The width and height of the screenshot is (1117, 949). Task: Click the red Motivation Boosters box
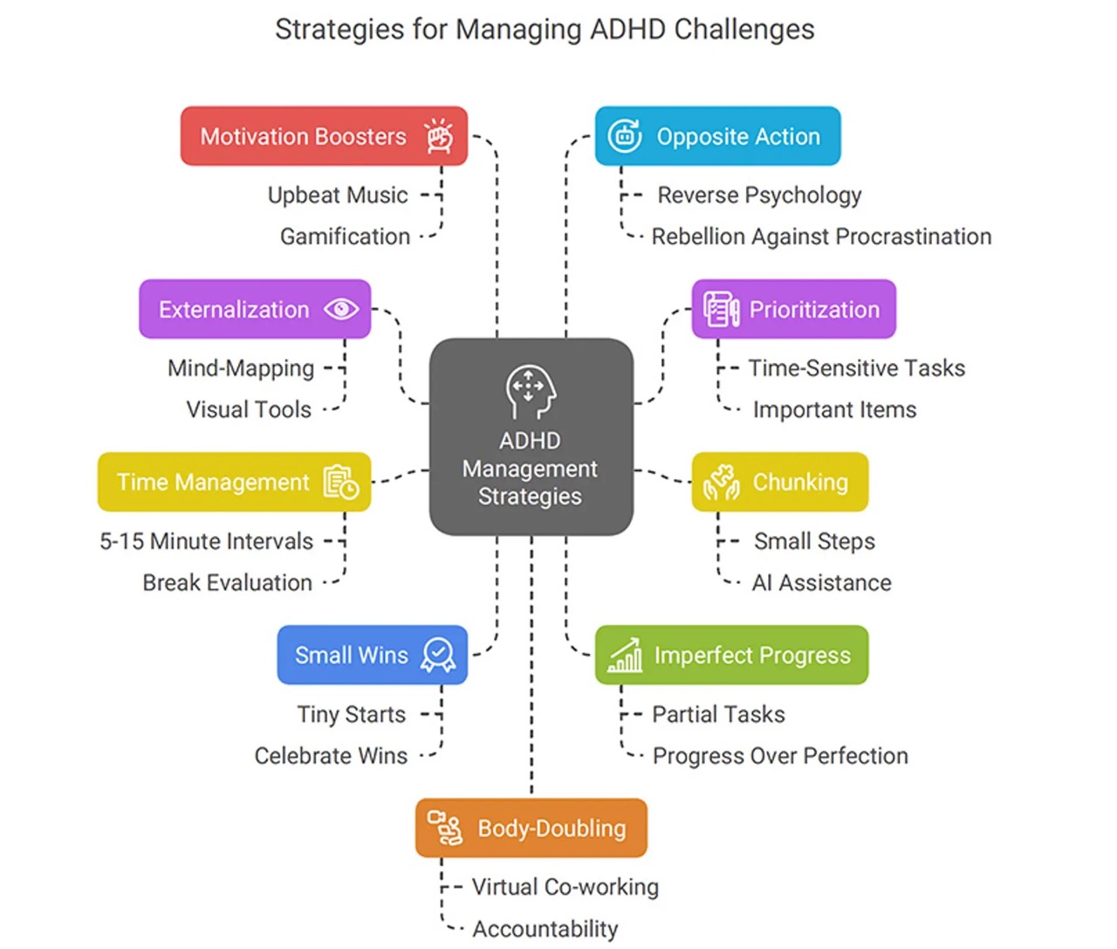324,136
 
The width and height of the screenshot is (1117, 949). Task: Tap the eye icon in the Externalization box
341,309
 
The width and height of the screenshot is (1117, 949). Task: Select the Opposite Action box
717,136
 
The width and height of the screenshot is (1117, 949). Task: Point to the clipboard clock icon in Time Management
341,482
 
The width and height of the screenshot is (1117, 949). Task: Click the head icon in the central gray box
530,392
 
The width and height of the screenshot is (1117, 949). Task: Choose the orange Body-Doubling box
531,828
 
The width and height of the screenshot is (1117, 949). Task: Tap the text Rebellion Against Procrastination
821,237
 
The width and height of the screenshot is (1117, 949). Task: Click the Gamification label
345,237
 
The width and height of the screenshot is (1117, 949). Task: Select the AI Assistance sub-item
821,582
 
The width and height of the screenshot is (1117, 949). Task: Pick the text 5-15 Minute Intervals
206,541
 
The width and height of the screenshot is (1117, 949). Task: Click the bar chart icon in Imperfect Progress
625,656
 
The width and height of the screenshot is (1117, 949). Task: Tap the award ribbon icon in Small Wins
438,655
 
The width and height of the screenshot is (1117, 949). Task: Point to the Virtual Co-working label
565,887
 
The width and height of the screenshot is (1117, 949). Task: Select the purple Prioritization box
793,309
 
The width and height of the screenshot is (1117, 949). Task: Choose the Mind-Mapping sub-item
241,368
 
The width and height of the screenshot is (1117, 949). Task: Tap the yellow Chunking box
779,482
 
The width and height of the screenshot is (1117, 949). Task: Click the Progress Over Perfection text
780,756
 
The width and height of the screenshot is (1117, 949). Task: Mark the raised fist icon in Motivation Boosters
439,136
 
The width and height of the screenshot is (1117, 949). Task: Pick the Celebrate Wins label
331,756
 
